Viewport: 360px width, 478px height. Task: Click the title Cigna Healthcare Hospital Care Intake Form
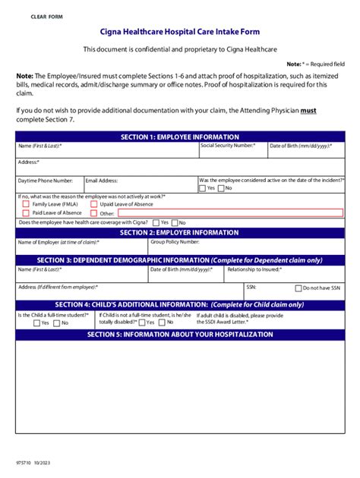tap(179, 33)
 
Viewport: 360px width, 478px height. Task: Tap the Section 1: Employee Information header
tap(179, 137)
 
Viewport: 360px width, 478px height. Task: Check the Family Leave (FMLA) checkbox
tap(27, 204)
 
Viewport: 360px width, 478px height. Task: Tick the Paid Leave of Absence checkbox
tap(27, 213)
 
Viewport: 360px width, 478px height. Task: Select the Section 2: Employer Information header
tap(179, 232)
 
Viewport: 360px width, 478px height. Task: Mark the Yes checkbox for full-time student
tap(36, 322)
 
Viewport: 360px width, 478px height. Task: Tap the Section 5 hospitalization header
tap(179, 334)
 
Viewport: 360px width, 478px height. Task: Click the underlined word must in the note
tap(308, 110)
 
